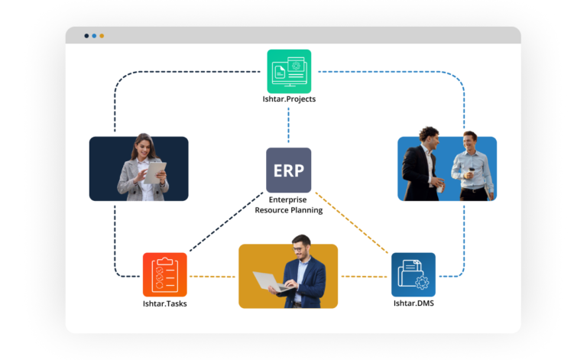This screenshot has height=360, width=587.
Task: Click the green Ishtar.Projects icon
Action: click(x=289, y=71)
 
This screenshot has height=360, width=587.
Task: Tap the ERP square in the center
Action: click(x=288, y=170)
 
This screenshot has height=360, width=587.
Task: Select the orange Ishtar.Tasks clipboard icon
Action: click(x=164, y=274)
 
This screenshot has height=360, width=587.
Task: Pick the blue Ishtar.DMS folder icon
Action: click(x=413, y=274)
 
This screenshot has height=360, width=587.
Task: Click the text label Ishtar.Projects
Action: click(x=289, y=99)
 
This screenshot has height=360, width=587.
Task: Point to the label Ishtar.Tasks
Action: click(x=164, y=303)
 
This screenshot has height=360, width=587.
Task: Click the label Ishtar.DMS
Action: click(x=413, y=303)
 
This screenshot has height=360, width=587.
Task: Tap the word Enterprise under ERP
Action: click(x=288, y=199)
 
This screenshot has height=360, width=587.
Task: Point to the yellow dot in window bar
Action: click(x=102, y=35)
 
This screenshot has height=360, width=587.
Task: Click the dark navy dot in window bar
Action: click(x=86, y=35)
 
